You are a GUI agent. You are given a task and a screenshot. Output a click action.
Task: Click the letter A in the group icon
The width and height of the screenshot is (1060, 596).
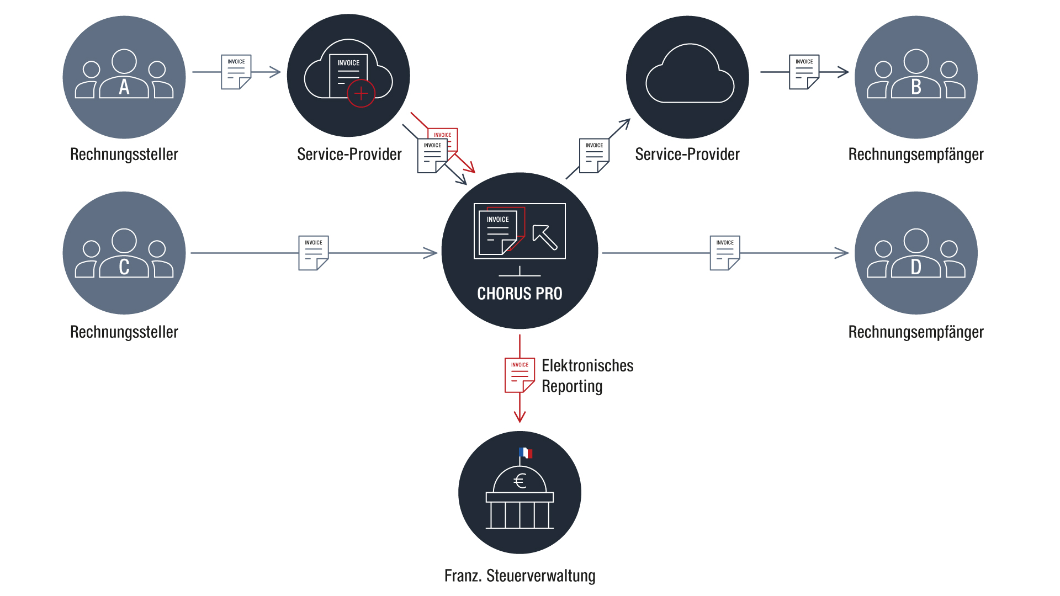[124, 87]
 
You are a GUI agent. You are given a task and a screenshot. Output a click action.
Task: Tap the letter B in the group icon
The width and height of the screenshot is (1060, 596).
[916, 87]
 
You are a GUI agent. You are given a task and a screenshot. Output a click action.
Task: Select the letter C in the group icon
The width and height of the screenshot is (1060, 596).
[124, 267]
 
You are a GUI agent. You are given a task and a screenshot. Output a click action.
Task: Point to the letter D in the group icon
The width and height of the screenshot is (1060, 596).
[916, 267]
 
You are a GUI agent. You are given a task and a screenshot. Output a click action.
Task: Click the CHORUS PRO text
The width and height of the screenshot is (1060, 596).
[520, 294]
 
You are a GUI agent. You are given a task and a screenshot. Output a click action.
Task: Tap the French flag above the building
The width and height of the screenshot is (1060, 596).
[526, 453]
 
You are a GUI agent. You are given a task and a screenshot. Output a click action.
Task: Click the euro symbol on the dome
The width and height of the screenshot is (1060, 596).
[520, 481]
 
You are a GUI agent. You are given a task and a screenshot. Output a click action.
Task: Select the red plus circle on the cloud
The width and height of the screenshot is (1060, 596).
[361, 93]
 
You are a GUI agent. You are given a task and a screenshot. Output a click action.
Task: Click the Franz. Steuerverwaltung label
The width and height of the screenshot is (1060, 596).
[520, 576]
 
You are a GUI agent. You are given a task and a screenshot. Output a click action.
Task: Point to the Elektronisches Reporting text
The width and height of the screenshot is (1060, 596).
[587, 376]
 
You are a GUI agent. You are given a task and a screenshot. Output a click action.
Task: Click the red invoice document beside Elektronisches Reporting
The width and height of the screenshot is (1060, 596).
[520, 375]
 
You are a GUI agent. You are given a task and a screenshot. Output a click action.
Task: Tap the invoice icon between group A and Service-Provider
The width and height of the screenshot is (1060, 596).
[236, 72]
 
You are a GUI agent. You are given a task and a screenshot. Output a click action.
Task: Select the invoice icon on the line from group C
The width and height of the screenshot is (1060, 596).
[314, 253]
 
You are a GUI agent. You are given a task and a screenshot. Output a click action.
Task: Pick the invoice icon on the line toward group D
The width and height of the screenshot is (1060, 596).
[725, 253]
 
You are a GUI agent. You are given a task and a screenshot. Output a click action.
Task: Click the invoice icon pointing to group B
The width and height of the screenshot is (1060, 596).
[804, 72]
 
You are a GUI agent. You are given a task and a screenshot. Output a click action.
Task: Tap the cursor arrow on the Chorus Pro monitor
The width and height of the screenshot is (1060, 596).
[545, 237]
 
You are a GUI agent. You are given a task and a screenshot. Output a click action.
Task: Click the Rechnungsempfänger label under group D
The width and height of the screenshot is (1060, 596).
[916, 332]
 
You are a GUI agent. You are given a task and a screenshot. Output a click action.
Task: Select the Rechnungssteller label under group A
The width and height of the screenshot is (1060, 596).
[124, 154]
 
